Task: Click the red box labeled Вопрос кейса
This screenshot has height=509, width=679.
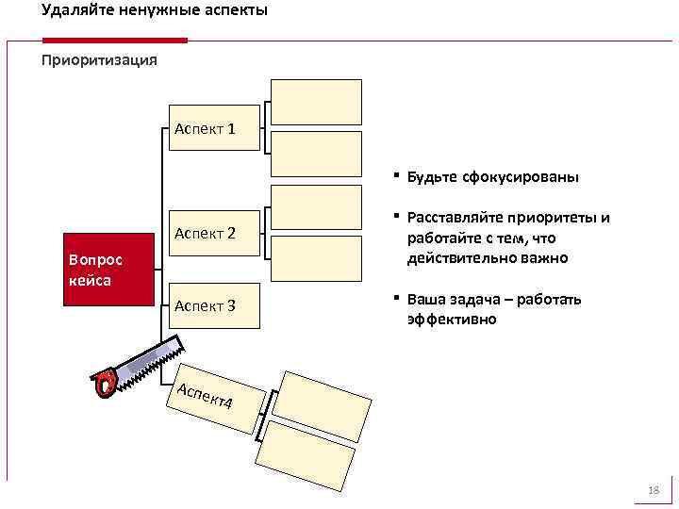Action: point(107,269)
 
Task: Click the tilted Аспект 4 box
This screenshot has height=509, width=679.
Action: point(209,397)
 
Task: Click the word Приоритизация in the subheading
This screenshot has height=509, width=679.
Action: point(99,60)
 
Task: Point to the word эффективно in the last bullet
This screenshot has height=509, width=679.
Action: point(452,320)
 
